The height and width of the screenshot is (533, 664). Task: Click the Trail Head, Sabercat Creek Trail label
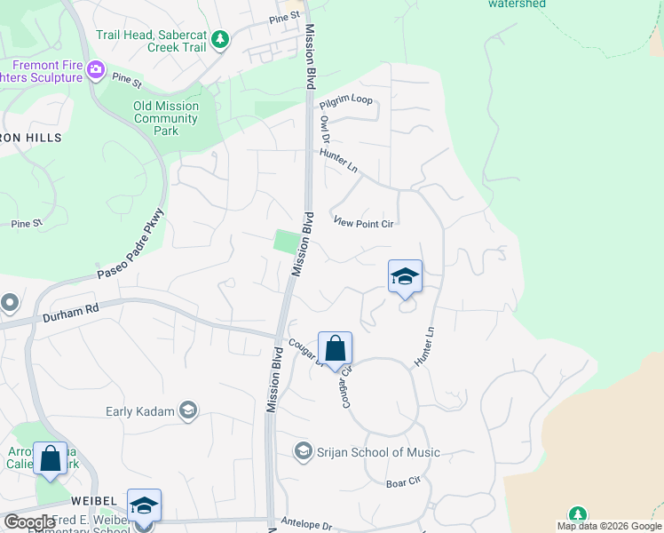tap(151, 41)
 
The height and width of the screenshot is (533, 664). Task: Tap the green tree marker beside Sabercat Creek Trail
tap(220, 39)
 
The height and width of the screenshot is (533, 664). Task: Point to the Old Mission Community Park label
tap(166, 118)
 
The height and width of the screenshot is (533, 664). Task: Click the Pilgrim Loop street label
tap(347, 100)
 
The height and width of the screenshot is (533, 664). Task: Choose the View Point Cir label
tap(363, 224)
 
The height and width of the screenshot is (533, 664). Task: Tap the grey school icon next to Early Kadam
tap(187, 410)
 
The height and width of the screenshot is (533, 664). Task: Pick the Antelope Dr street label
tap(305, 522)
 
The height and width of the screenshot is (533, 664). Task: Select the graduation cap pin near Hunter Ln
tap(405, 276)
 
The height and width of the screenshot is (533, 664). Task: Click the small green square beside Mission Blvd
tap(286, 241)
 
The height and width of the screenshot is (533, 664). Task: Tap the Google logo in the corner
tap(30, 522)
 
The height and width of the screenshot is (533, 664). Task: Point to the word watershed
tap(517, 4)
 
